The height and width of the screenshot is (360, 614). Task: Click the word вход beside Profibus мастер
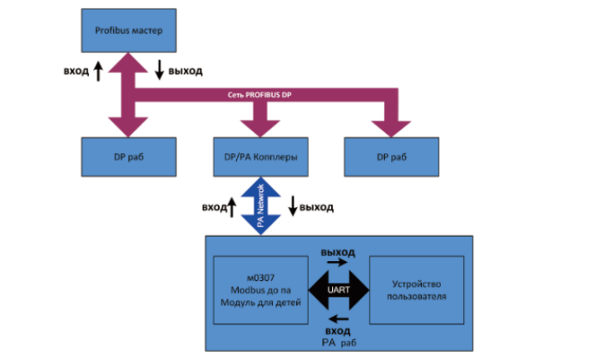coord(76,72)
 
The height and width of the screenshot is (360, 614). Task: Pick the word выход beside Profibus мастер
coord(186,72)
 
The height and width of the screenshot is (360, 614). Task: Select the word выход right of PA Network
coord(316,206)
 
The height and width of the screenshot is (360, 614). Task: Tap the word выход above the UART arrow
coord(339,252)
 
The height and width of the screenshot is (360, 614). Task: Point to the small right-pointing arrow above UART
coord(338,261)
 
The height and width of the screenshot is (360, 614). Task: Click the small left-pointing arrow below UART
coord(338,319)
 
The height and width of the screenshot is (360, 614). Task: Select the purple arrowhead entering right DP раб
coord(391,127)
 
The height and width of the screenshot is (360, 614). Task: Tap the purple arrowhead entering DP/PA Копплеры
coord(259,127)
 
